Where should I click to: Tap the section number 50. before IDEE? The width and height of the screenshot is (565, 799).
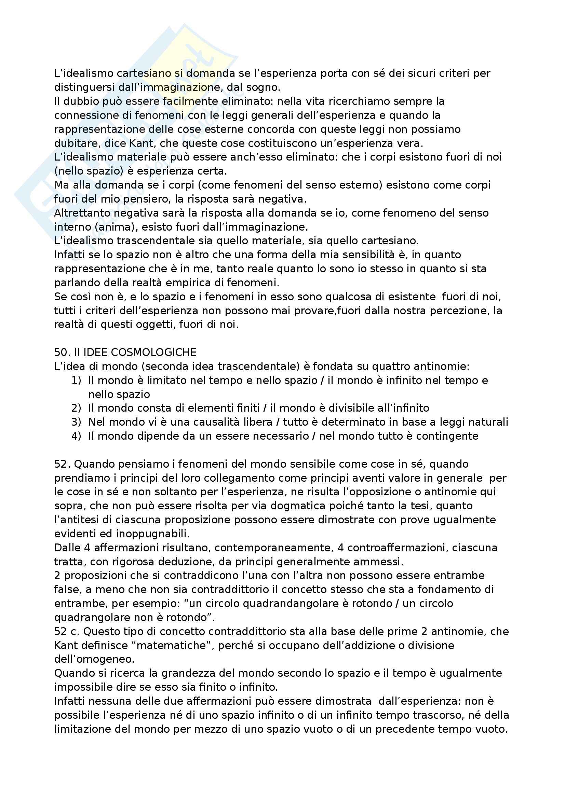[63, 352]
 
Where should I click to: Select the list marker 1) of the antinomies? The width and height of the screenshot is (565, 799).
[76, 380]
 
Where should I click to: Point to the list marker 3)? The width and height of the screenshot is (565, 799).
[76, 422]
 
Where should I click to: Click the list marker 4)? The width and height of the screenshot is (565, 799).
[76, 436]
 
